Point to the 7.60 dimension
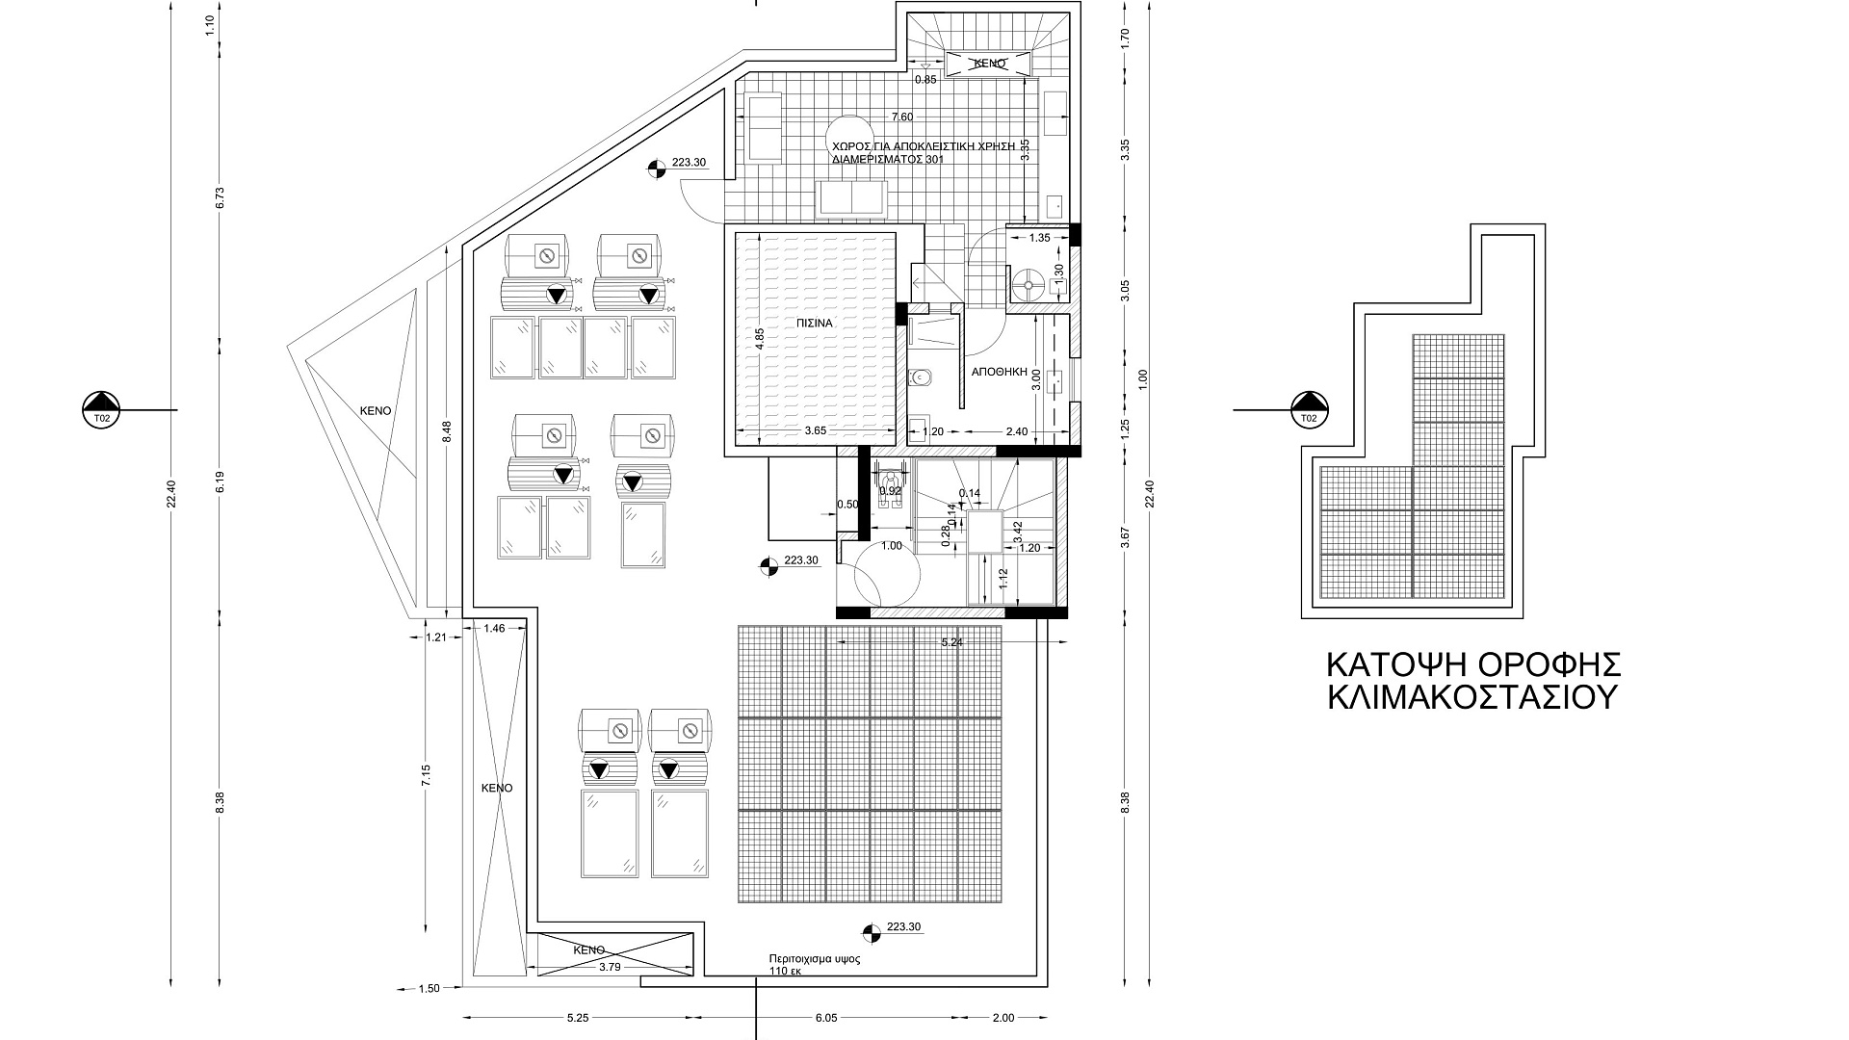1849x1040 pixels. point(902,117)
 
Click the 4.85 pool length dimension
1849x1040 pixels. point(760,340)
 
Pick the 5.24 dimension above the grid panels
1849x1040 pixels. point(951,642)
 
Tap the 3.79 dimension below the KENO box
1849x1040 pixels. point(609,966)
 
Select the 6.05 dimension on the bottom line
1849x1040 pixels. point(827,1018)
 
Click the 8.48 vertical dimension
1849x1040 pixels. point(446,431)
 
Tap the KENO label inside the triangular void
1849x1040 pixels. point(376,410)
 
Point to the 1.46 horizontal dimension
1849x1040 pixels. point(494,629)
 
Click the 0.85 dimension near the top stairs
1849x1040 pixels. point(925,80)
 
